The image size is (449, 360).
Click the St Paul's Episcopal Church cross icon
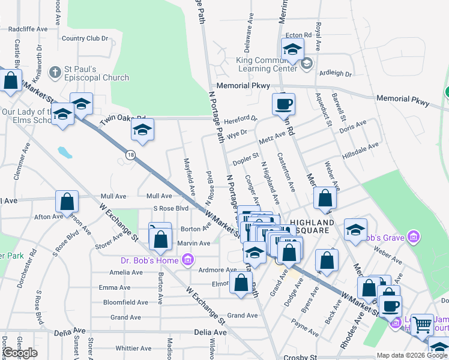pos(55,73)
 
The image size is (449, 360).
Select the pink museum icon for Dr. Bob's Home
pos(187,260)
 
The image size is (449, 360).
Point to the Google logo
pos(20,353)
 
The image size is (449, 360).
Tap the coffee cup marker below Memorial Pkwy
pos(284,104)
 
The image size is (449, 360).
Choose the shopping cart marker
pos(423,325)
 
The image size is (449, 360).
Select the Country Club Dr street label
pos(85,38)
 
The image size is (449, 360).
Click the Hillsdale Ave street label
pos(360,149)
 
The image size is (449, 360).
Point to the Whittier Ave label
pos(134,348)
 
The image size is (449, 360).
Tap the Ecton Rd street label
pos(298,35)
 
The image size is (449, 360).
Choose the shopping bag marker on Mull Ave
pos(67,201)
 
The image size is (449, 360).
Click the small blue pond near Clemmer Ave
pos(65,152)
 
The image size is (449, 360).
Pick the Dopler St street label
pos(246,159)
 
